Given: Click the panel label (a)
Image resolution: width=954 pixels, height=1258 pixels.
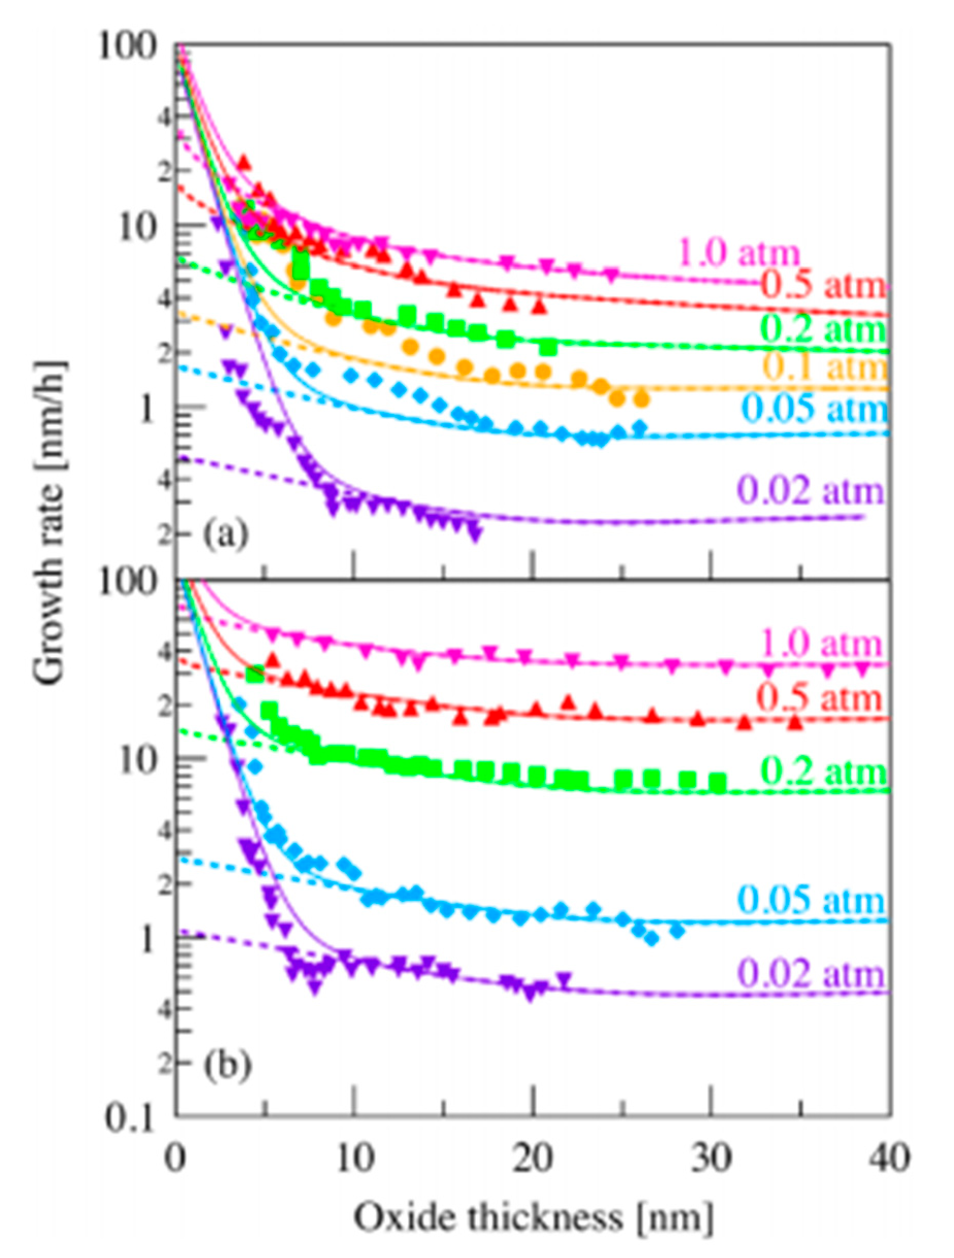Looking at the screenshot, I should (226, 534).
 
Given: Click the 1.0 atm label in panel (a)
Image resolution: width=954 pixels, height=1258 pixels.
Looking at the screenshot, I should (738, 252).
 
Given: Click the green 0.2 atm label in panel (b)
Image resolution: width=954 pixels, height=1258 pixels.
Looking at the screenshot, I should (823, 771).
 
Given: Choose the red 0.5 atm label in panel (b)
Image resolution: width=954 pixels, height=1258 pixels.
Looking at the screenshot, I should (818, 697).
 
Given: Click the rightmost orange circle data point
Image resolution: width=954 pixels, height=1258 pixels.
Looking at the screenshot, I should (642, 400).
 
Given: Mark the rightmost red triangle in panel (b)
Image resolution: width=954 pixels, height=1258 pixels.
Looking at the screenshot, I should (796, 722).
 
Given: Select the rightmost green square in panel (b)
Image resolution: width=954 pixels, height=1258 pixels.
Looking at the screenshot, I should (718, 782).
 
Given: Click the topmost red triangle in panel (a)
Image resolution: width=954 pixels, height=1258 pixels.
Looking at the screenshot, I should (244, 163).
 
